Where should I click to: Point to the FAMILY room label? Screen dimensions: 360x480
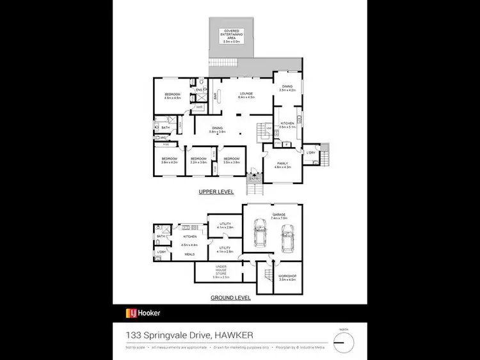[x=283, y=165]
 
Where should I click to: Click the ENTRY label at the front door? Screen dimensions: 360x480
[x=255, y=178]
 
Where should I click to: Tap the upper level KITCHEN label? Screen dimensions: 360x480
[x=286, y=125]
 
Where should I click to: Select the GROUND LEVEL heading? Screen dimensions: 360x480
[x=230, y=297]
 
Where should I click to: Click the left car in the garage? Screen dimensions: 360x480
[x=260, y=233]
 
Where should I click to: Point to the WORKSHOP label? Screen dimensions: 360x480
[x=287, y=277]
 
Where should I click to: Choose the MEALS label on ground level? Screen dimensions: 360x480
[x=189, y=254]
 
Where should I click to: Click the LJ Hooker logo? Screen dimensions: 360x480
[x=143, y=313]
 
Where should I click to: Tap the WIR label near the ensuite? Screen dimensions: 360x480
[x=200, y=107]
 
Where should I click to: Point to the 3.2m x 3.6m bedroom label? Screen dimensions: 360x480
[x=199, y=160]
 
